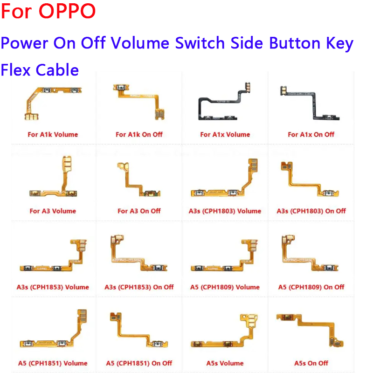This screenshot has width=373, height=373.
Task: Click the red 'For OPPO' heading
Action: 48,11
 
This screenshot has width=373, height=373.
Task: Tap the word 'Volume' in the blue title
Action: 140,43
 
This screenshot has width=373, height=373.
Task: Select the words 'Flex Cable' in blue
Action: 40,70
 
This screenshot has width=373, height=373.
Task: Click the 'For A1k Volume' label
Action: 53,135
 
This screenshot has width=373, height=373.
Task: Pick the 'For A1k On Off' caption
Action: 139,135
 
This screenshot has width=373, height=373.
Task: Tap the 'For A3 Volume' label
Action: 53,211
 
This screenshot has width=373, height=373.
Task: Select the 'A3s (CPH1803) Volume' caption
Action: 225,211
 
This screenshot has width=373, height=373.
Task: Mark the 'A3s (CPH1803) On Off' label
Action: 311,211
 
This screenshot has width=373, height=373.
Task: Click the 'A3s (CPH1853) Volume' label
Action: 53,287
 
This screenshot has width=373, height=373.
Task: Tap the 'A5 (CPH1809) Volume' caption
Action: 225,287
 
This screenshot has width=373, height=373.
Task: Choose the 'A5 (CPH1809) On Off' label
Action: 311,287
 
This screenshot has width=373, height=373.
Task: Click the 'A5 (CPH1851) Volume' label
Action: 53,363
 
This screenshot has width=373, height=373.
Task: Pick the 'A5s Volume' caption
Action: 225,363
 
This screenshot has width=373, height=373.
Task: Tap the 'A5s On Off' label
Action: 311,363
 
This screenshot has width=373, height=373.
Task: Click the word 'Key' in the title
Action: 340,44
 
